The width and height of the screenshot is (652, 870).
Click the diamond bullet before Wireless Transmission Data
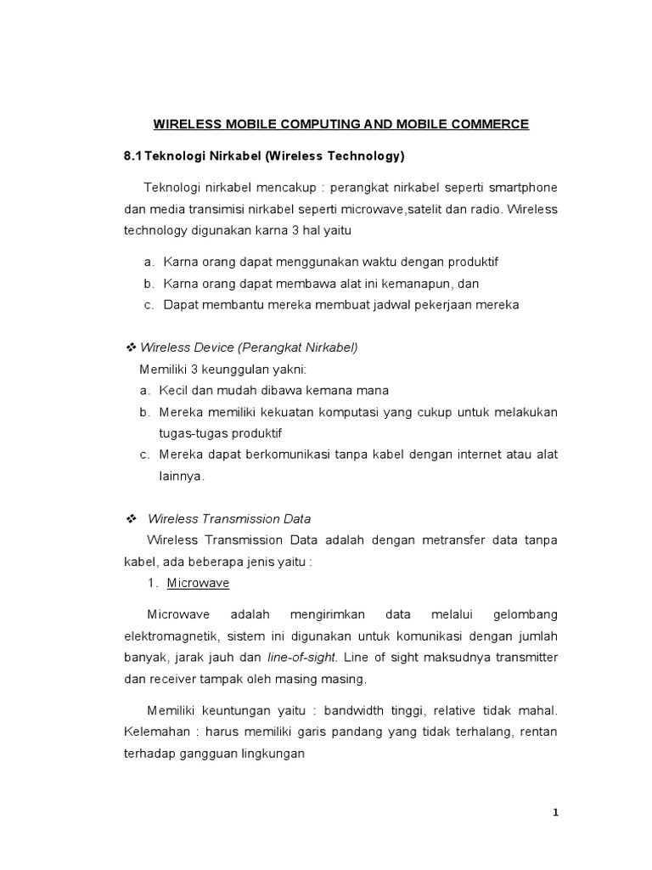point(131,518)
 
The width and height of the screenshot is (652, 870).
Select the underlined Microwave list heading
point(198,584)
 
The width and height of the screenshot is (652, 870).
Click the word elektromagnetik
point(172,635)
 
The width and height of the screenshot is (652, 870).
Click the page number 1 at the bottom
point(555,813)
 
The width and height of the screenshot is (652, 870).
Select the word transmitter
point(526,657)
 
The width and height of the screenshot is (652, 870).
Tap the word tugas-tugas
point(188,434)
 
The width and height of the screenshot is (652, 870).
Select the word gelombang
point(521,613)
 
